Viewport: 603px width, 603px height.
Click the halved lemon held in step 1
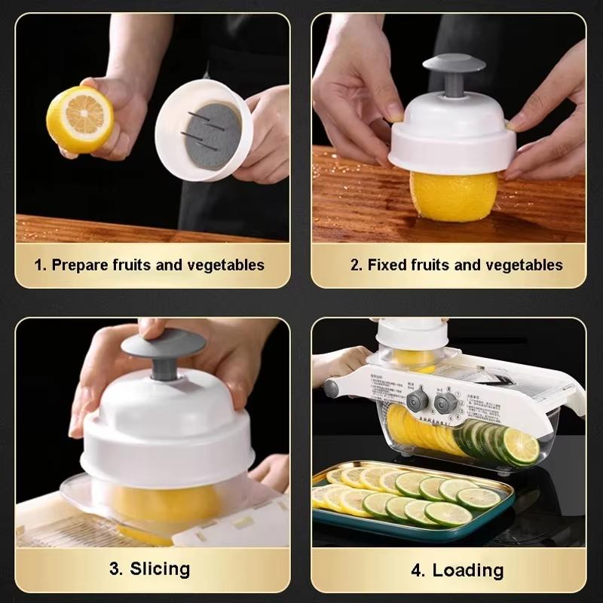point(79,119)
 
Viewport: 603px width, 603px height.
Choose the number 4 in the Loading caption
point(418,569)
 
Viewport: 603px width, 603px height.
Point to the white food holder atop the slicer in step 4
point(412,335)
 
